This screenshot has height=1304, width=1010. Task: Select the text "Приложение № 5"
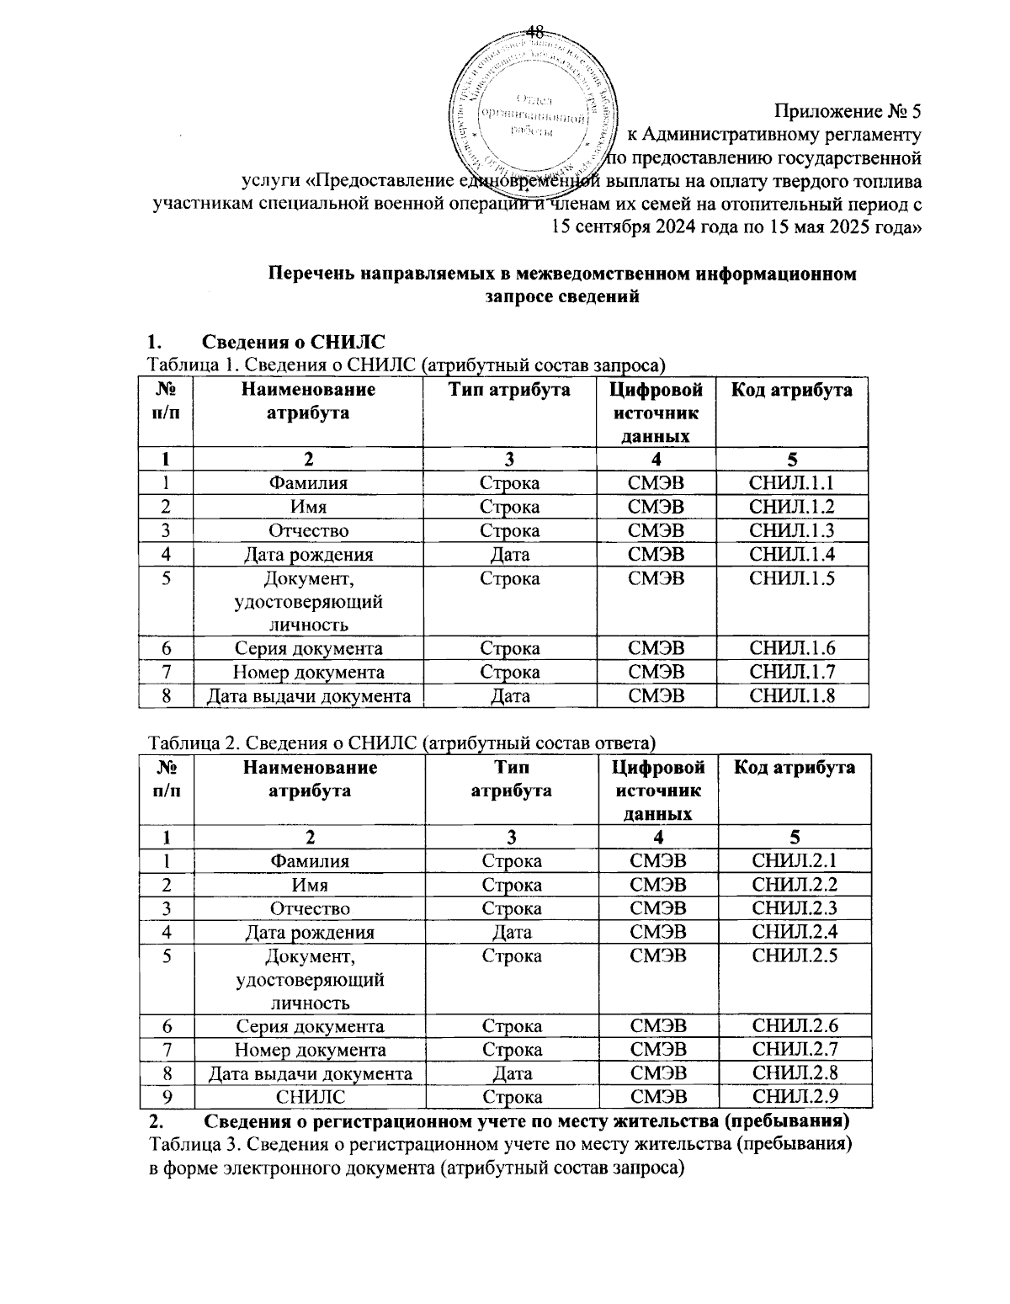tap(848, 111)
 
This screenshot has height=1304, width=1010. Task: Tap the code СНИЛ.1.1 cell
tap(791, 483)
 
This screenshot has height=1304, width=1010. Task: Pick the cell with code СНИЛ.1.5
tap(791, 578)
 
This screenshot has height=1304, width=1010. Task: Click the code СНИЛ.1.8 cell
tap(791, 695)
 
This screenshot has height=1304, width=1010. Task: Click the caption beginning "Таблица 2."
tap(401, 742)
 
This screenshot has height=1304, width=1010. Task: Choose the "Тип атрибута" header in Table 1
tap(509, 390)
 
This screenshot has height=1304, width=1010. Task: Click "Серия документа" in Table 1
tap(308, 648)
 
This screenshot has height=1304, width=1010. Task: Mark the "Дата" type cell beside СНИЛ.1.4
tap(509, 554)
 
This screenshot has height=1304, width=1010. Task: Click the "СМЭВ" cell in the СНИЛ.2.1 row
tap(657, 861)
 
